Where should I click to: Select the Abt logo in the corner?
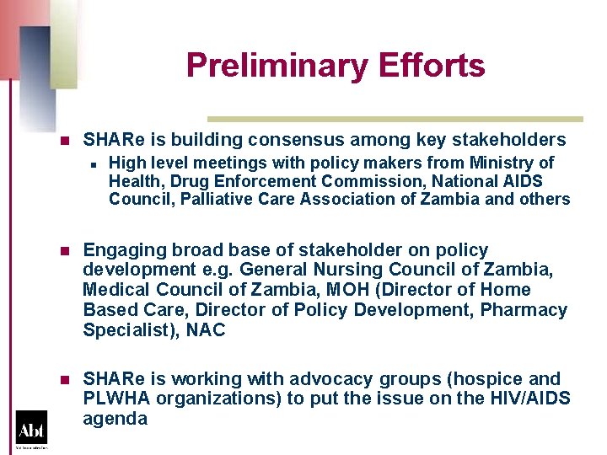31,427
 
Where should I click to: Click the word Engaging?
118,250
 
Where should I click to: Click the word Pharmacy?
524,311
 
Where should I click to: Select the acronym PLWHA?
113,399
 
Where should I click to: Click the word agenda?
115,419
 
